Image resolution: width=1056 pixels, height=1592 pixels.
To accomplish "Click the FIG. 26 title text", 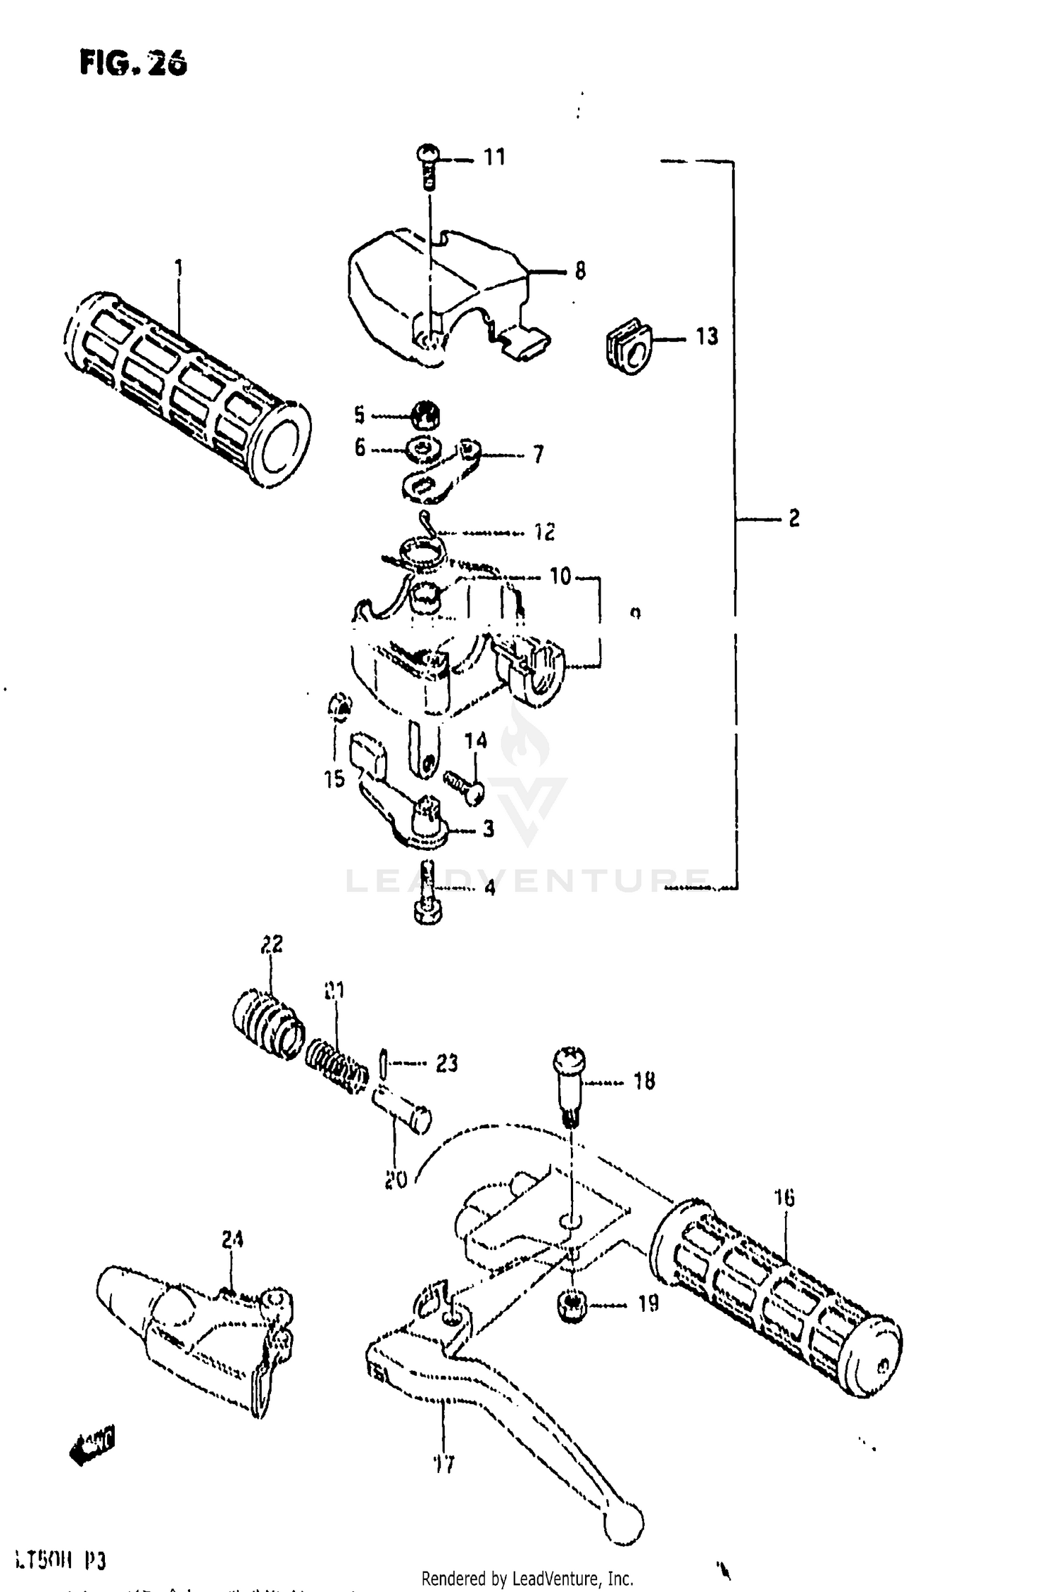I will tap(133, 63).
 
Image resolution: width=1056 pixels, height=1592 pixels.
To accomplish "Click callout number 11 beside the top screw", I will tap(494, 157).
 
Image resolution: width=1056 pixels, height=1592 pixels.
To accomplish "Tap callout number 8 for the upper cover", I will tap(579, 271).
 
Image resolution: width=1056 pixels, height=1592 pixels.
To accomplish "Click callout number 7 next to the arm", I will tap(538, 455).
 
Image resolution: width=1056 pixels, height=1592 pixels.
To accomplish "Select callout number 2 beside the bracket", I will tap(793, 519).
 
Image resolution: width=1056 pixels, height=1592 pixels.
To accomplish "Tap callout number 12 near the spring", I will tap(543, 531).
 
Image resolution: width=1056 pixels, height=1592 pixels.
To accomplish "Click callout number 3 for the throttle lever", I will tap(488, 829).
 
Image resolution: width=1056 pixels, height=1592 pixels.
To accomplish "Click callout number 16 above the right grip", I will tap(784, 1197).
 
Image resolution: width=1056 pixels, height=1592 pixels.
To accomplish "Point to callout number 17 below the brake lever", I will tap(444, 1465).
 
